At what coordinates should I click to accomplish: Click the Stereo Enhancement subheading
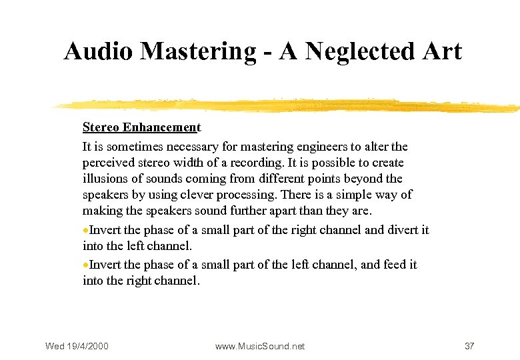click(x=141, y=127)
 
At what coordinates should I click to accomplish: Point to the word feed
click(x=387, y=265)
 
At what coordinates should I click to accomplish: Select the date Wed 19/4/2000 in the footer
click(x=77, y=346)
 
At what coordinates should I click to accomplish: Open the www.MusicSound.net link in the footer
click(x=260, y=346)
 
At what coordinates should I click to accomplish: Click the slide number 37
click(x=469, y=346)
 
